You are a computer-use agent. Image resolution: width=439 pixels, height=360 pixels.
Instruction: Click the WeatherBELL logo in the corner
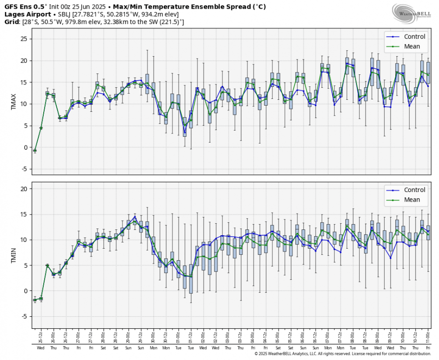click(411, 13)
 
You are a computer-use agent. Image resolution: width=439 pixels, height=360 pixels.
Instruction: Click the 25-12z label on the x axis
click(35, 337)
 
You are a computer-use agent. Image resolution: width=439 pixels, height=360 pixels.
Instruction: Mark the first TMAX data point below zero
click(35, 151)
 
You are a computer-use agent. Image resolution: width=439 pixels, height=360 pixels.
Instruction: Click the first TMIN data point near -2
click(35, 300)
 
